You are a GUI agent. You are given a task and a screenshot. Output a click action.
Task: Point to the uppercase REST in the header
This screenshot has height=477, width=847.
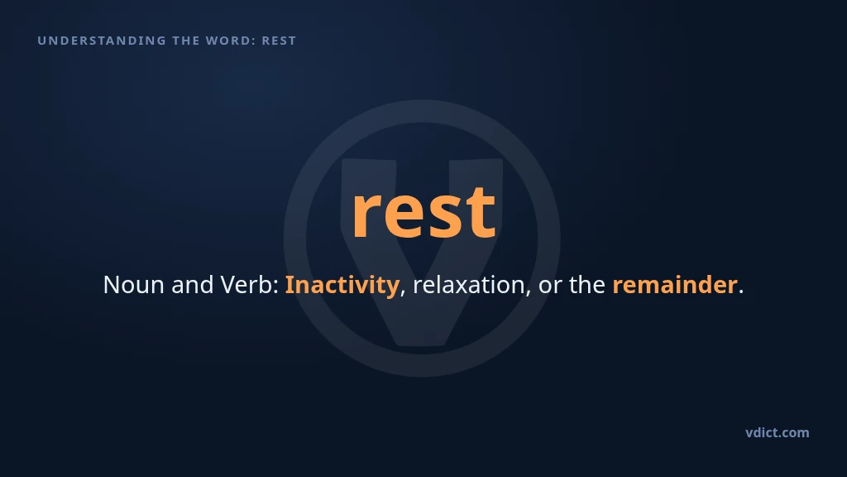coord(280,41)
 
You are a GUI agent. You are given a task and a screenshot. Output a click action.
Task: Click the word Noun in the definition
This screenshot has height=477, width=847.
coord(133,285)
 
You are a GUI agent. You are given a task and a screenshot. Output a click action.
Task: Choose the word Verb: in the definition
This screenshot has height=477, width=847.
coord(250,285)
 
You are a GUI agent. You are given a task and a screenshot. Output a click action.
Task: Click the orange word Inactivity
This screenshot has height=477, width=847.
coord(342,285)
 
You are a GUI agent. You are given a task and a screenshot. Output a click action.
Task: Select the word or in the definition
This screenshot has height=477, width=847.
coord(550,287)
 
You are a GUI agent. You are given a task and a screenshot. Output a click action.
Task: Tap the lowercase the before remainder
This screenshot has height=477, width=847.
coord(587,285)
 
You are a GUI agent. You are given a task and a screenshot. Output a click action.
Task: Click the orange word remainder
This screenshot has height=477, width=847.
coord(675,285)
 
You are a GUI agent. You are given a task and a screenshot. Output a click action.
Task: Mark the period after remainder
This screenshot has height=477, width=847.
coord(741,292)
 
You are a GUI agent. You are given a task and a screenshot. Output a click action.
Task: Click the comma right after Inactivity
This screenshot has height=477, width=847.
coord(403,293)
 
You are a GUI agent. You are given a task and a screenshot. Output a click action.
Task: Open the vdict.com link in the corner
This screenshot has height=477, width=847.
coord(778,432)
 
